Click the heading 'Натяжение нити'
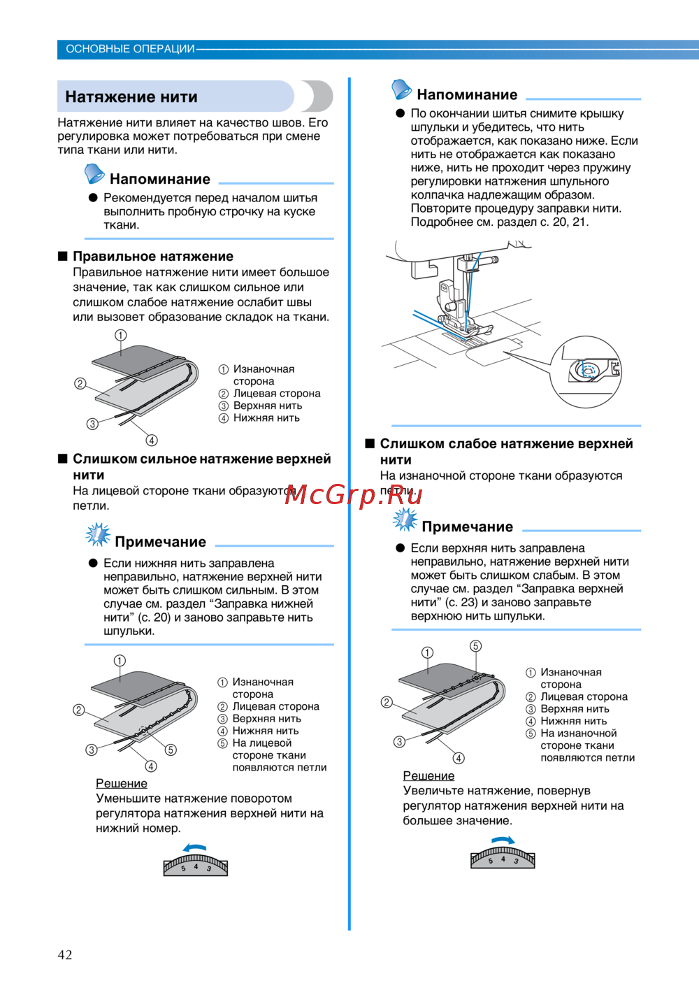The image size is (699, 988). click(131, 97)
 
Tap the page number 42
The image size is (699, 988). click(65, 954)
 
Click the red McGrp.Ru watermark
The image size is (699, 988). click(354, 495)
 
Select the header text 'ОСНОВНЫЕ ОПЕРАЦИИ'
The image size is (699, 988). click(130, 49)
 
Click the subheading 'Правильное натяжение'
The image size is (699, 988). click(153, 257)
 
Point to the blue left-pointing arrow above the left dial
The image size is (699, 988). click(195, 848)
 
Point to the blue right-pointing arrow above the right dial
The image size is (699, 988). click(503, 840)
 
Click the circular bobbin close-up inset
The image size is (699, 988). click(586, 371)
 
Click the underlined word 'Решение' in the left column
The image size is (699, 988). click(122, 784)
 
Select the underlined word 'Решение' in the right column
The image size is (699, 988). click(428, 776)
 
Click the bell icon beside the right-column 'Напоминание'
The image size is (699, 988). click(401, 90)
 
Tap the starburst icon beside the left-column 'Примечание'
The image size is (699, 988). click(98, 535)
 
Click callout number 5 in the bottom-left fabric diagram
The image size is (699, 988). click(171, 750)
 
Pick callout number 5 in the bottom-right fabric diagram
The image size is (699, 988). click(475, 646)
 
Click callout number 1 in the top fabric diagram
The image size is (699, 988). click(121, 336)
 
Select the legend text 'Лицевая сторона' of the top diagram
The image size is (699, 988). click(277, 394)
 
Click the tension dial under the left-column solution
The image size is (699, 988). click(196, 866)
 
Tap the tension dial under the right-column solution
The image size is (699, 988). click(503, 858)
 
